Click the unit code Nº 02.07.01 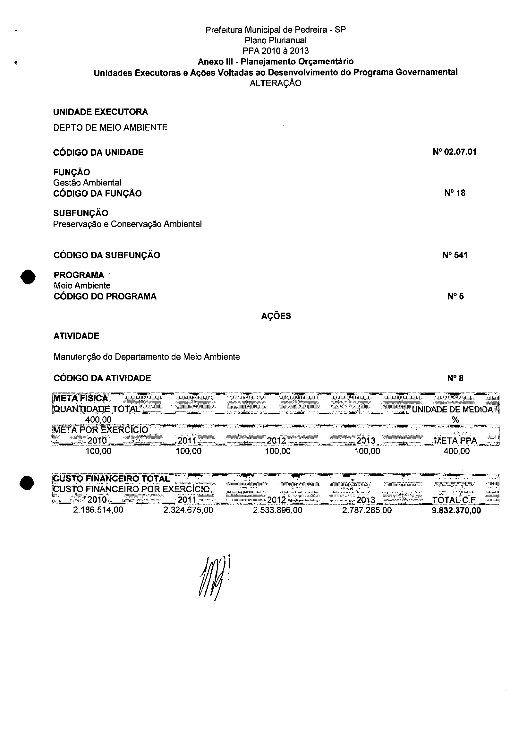point(454,151)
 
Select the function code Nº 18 point(455,193)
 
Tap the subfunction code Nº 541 point(455,255)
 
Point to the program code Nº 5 point(455,297)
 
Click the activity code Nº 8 point(455,378)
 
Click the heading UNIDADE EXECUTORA point(100,112)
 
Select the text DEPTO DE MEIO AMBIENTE point(110,127)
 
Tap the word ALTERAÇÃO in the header point(275,83)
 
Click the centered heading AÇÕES point(276,316)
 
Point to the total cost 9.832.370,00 point(456,511)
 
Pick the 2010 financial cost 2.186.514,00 point(98,510)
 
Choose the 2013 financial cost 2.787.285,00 point(367,510)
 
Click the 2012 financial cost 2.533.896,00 point(277,510)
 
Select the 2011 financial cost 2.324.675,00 point(188,510)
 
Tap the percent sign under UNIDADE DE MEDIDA point(455,420)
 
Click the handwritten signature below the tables point(213,578)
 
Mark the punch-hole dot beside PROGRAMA point(28,277)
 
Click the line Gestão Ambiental point(87,182)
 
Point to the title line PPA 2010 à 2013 point(275,51)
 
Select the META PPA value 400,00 point(456,451)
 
